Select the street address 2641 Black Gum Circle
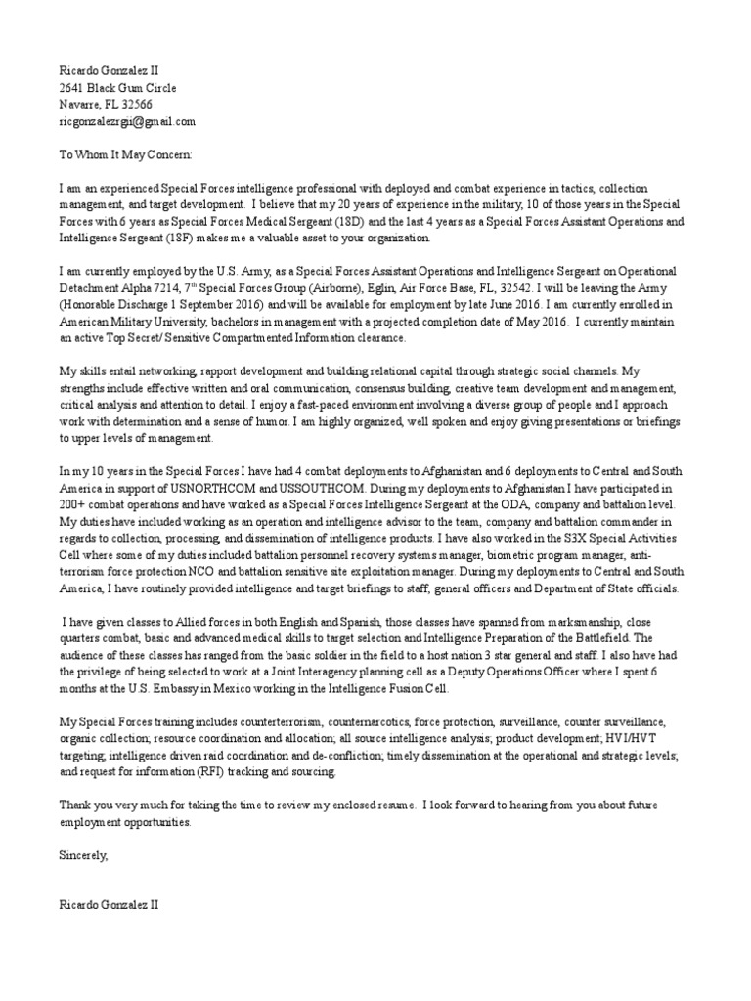(x=118, y=88)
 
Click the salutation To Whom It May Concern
(x=127, y=154)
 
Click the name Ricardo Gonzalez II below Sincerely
(x=109, y=906)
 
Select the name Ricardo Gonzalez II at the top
(x=109, y=71)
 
